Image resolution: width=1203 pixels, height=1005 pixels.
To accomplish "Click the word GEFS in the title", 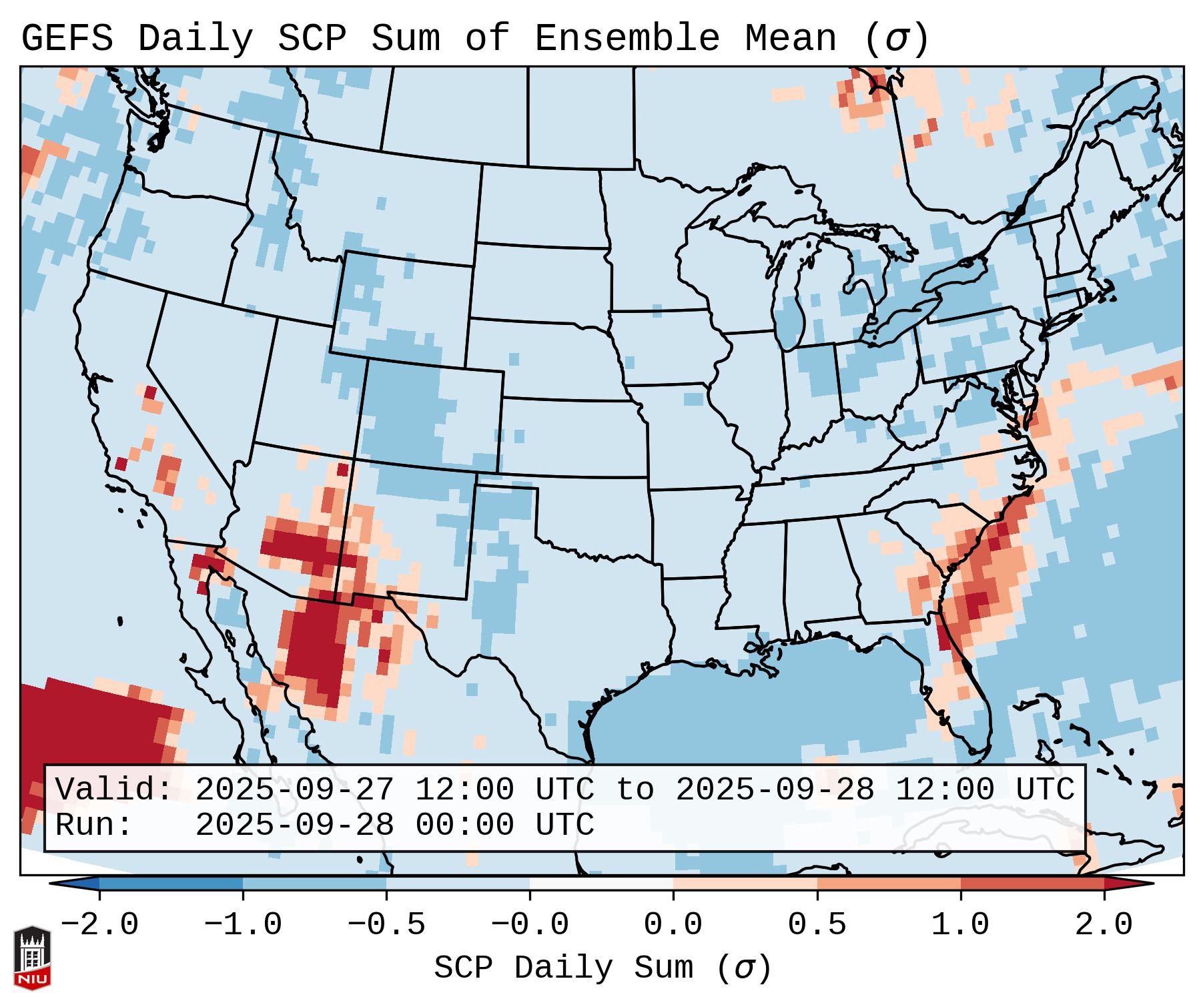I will [67, 39].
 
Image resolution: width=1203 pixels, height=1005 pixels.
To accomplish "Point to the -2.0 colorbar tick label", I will [99, 925].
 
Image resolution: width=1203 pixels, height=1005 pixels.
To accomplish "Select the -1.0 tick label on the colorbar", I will [243, 925].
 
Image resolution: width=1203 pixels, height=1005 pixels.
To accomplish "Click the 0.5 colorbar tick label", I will [817, 925].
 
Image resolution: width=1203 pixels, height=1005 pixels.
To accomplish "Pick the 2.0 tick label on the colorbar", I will [1104, 925].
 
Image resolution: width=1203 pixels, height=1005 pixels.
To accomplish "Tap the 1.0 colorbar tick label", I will [960, 925].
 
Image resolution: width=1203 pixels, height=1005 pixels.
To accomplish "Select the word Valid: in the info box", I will [114, 790].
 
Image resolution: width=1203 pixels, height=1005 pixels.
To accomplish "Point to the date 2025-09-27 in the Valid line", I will [294, 790].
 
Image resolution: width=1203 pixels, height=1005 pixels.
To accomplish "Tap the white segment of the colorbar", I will [601, 884].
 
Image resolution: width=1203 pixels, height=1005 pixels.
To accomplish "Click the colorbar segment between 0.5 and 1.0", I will [889, 884].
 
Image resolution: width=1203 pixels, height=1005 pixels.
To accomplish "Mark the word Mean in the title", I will [791, 39].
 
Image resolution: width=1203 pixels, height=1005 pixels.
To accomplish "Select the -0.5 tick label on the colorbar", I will [386, 925].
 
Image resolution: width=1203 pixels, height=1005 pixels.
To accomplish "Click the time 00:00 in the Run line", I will [464, 825].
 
